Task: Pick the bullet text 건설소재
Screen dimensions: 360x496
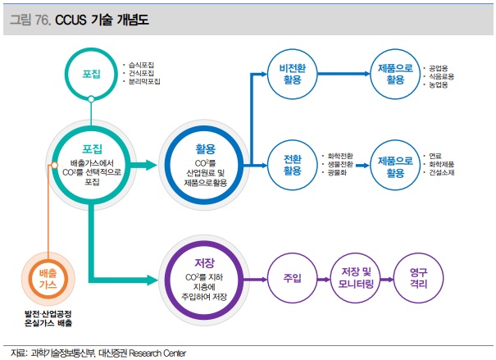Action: point(442,174)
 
